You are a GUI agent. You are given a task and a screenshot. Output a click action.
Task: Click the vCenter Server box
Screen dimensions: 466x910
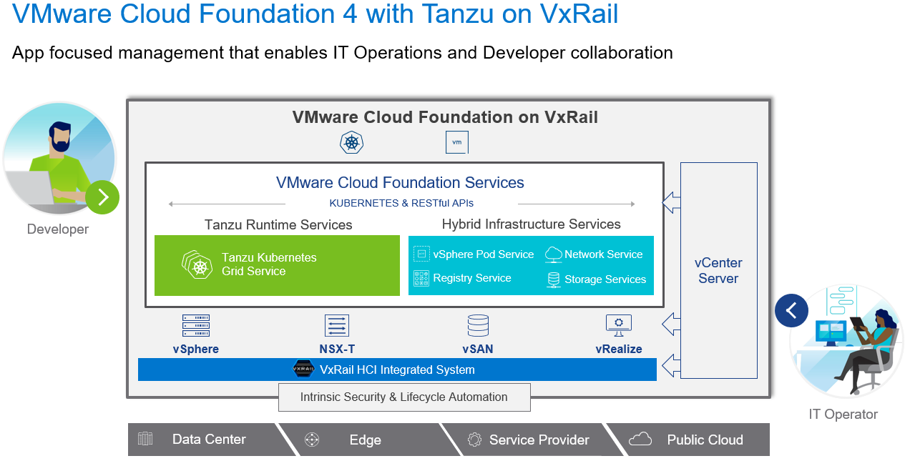718,270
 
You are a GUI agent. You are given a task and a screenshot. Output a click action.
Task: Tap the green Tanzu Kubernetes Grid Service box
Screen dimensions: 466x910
277,265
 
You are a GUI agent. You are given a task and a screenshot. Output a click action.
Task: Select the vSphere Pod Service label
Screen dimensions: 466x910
483,254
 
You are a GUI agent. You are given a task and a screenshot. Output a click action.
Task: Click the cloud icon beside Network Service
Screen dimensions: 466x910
553,254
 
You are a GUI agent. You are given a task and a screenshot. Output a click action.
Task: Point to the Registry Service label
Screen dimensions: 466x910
471,278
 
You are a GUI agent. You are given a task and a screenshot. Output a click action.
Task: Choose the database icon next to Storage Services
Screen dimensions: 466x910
553,279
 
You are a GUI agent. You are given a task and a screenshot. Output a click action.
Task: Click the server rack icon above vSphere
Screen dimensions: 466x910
195,326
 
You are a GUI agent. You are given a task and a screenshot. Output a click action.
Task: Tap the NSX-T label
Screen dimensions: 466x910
337,349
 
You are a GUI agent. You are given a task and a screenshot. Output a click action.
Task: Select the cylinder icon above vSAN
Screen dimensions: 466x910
478,326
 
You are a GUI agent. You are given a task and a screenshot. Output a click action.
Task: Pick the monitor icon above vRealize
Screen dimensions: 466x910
618,325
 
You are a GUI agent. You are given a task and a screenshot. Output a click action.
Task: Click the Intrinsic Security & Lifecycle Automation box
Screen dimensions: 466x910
404,397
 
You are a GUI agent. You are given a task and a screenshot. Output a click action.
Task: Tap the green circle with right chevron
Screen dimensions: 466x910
102,197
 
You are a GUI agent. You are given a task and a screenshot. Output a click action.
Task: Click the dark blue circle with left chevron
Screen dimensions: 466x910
791,310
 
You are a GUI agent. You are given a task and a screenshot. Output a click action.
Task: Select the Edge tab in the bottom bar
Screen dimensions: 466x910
365,440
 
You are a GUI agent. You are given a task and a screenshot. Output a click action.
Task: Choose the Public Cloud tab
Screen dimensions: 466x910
705,440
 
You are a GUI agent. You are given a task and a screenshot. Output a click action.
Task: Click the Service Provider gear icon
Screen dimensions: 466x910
474,440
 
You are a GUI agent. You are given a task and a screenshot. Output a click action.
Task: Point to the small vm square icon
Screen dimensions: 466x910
456,142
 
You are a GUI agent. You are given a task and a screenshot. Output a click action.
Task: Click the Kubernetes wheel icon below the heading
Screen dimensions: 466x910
351,142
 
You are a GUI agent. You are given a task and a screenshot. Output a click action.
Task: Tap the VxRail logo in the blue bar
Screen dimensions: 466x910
304,370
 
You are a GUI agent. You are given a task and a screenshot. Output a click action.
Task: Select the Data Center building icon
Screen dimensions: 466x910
145,439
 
